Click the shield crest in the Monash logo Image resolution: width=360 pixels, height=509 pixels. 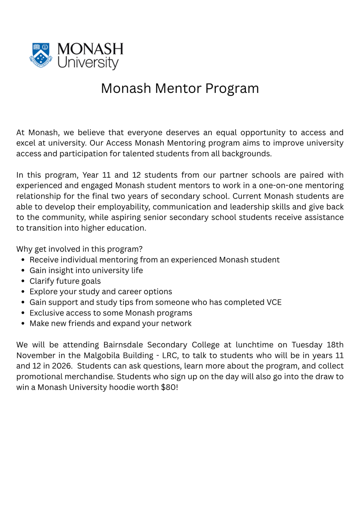pos(41,55)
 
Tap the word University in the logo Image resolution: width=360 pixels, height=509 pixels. pos(88,62)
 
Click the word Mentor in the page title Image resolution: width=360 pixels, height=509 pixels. pos(179,88)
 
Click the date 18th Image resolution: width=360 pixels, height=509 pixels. pos(335,344)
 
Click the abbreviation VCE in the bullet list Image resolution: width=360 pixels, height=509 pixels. pos(273,302)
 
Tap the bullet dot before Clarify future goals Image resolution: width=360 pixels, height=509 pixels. pos(22,281)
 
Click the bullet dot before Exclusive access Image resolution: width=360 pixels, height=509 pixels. pos(22,313)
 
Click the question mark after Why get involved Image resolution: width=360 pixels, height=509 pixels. pos(141,249)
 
